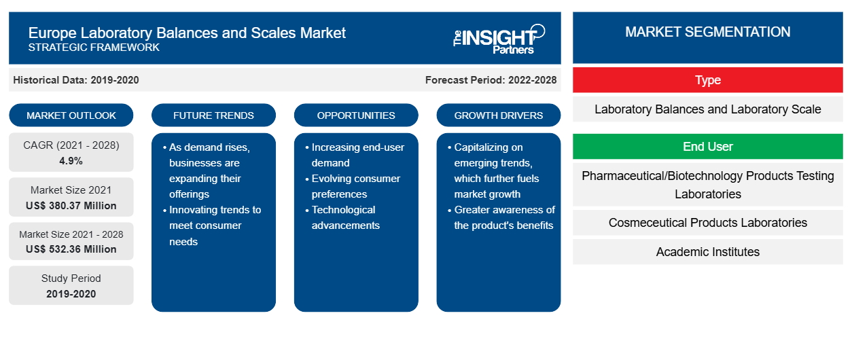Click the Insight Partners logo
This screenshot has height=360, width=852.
[499, 39]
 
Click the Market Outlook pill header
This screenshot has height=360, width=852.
[71, 115]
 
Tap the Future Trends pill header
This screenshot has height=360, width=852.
[213, 115]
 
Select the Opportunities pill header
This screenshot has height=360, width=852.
[356, 115]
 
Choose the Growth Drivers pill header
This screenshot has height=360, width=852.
[498, 115]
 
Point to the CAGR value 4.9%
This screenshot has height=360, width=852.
[71, 161]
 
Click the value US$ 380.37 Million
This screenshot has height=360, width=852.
[71, 206]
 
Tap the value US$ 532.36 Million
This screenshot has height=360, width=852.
[71, 249]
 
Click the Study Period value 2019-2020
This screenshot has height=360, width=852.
[71, 294]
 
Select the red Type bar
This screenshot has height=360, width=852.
[707, 80]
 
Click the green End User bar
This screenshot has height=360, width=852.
[707, 146]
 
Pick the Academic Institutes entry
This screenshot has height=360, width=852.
[707, 251]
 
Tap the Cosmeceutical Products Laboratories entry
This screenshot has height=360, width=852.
[707, 222]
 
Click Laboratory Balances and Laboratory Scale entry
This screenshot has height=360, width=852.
[707, 109]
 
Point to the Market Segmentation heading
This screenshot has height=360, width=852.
[707, 32]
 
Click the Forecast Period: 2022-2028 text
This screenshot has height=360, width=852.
[491, 80]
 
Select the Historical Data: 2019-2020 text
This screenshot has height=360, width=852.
[76, 80]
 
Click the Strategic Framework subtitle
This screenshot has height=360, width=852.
[94, 48]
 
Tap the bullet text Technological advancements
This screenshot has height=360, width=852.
[345, 217]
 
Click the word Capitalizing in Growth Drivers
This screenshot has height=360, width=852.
[489, 147]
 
